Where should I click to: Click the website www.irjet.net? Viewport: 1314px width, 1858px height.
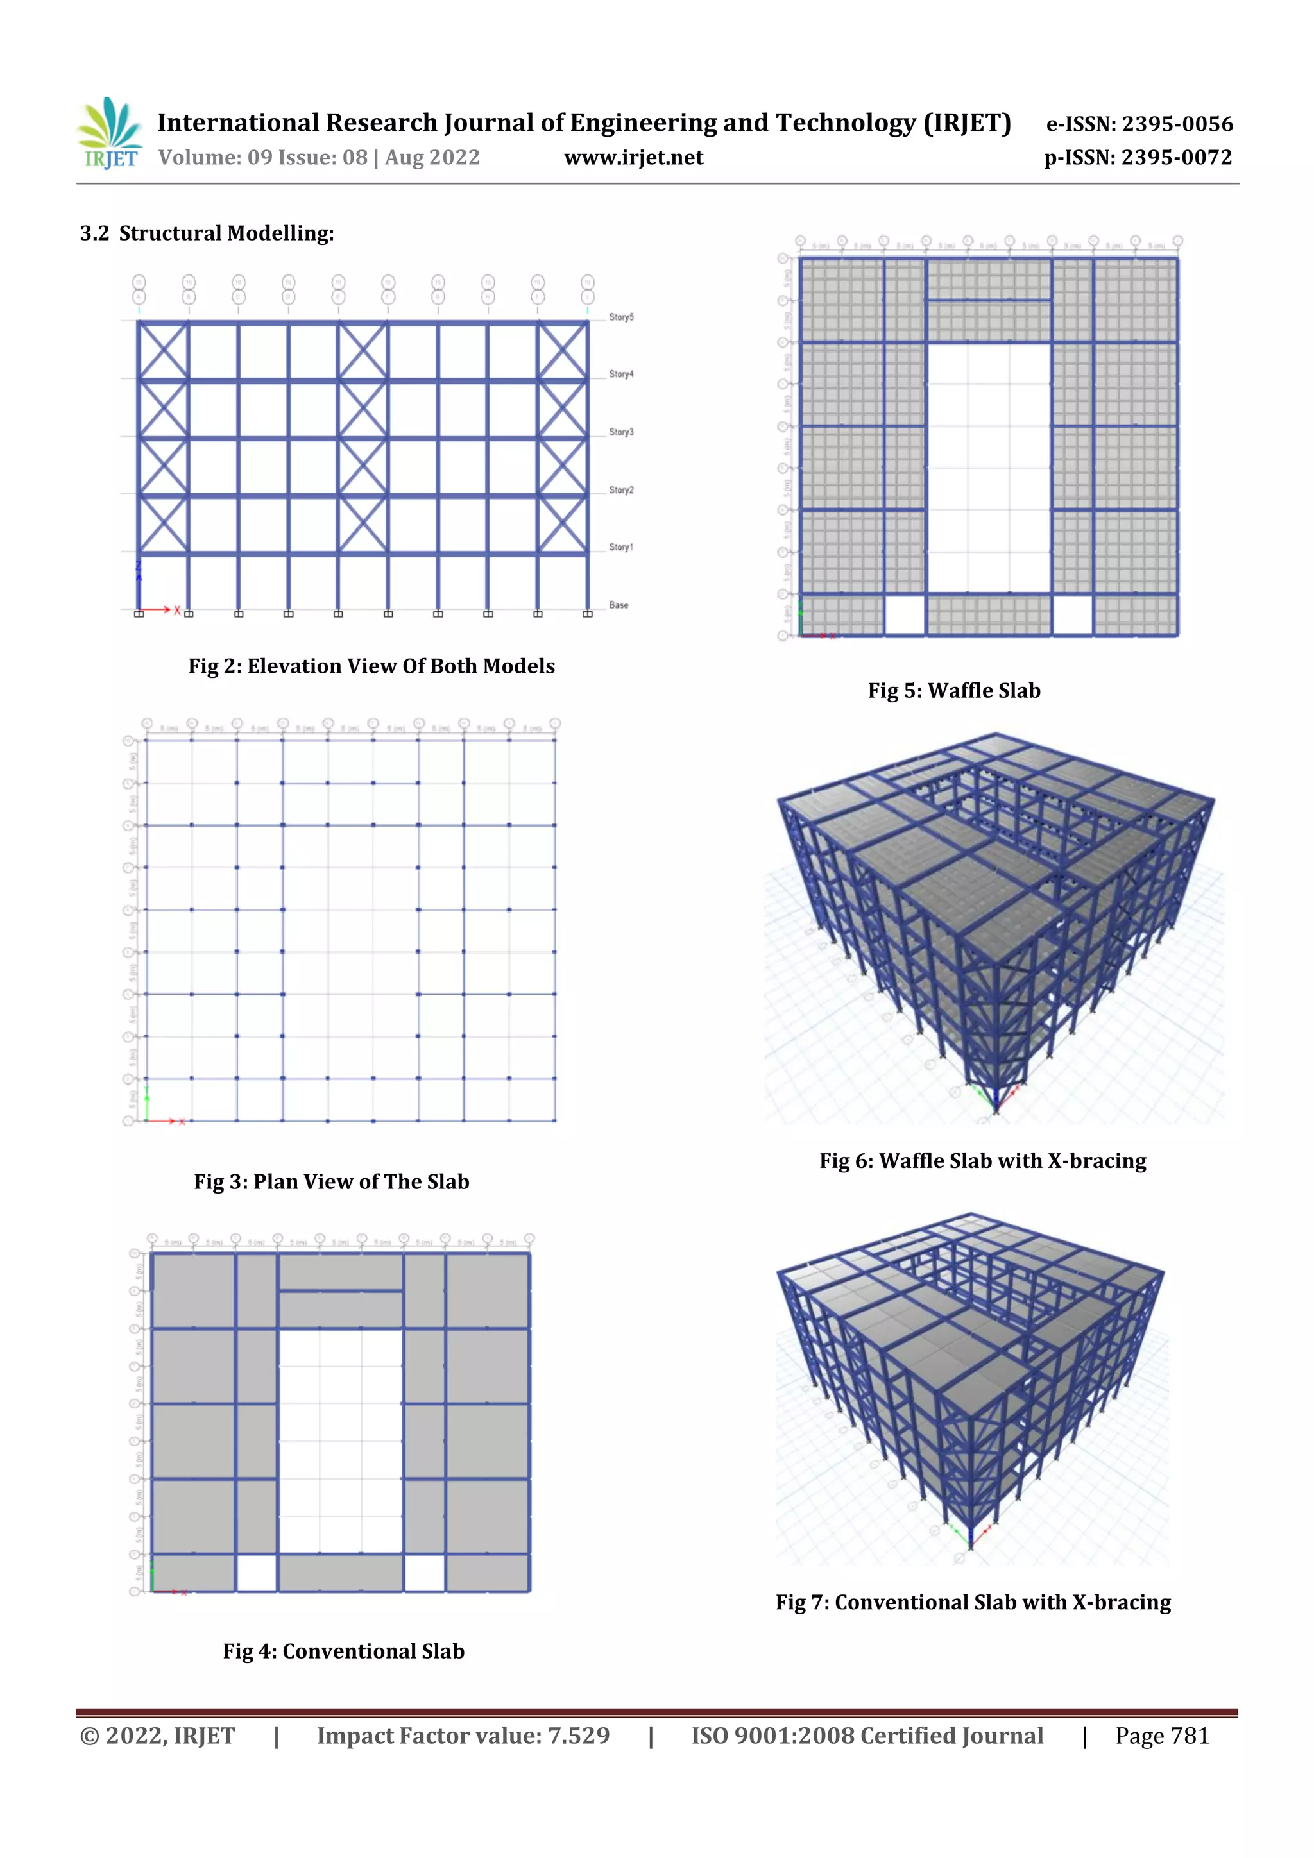tap(633, 158)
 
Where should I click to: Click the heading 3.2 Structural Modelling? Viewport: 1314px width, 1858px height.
tap(207, 234)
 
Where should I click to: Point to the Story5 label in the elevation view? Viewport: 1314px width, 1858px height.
tap(621, 317)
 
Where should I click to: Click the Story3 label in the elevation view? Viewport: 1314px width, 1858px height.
tap(621, 432)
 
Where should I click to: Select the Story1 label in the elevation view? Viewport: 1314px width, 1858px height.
tap(621, 547)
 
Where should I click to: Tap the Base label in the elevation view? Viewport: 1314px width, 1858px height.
tap(619, 605)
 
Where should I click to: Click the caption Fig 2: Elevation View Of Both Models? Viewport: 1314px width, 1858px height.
tap(371, 666)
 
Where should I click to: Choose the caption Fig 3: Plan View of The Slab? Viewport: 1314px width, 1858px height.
tap(331, 1181)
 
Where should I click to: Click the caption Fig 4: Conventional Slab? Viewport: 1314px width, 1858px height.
tap(343, 1651)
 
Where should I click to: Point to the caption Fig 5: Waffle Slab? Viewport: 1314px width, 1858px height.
tap(953, 690)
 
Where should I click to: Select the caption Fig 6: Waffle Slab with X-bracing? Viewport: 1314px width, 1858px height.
tap(982, 1160)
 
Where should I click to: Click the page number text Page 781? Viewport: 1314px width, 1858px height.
tap(1162, 1736)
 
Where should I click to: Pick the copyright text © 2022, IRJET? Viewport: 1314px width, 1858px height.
tap(157, 1736)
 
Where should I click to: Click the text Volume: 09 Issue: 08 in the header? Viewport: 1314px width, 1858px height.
tap(263, 158)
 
